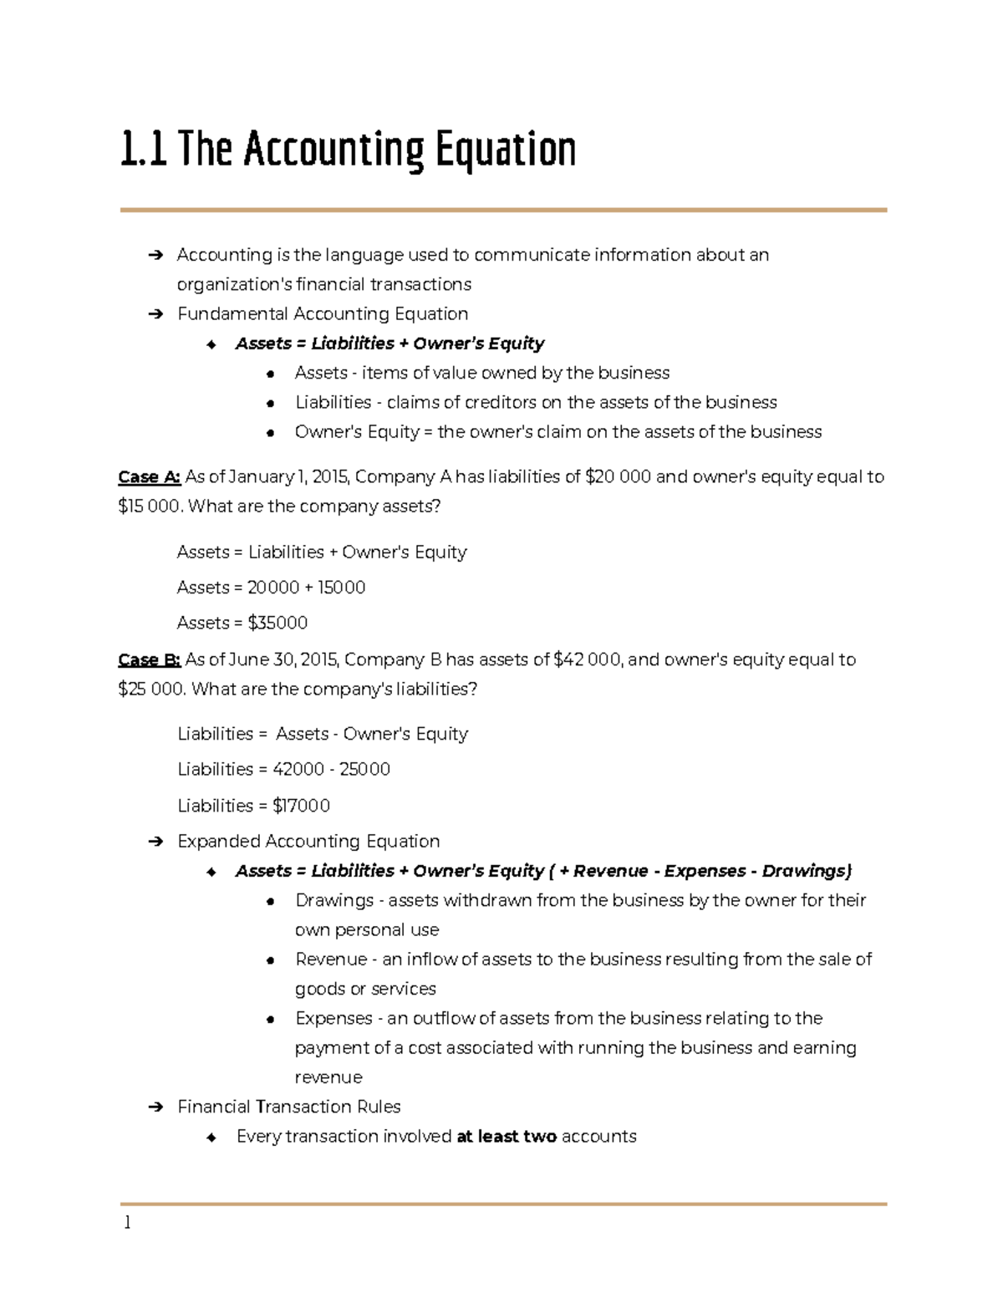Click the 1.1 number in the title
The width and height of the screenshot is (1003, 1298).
[143, 150]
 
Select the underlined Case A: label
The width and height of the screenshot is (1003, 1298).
[149, 477]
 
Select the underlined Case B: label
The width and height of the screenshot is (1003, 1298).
[149, 660]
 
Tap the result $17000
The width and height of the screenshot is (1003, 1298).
[301, 806]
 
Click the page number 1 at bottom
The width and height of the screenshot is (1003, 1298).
[127, 1223]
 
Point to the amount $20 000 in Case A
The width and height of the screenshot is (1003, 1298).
[618, 477]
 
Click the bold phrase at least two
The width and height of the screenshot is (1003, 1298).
[507, 1137]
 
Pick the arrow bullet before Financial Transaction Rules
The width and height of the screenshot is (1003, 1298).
[155, 1107]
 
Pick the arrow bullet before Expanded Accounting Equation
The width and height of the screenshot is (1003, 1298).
[155, 842]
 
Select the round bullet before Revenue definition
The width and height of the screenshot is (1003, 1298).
[270, 960]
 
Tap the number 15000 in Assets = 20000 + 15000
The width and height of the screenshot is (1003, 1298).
[341, 588]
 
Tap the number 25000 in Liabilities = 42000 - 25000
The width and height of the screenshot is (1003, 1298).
[364, 769]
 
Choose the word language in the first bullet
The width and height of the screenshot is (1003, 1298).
[364, 255]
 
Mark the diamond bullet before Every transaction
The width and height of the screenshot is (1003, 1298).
[211, 1138]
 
